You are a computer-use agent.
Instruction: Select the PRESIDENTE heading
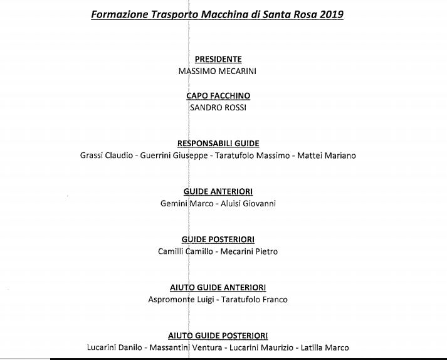coord(218,60)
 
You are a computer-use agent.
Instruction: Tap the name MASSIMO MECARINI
coord(218,71)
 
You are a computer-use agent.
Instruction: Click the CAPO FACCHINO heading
coord(218,96)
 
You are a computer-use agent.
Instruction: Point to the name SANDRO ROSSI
coord(218,107)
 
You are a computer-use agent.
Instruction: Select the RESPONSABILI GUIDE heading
coord(218,144)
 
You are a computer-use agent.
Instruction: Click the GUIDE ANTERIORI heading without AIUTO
coord(218,191)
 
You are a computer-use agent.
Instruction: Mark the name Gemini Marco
coord(187,203)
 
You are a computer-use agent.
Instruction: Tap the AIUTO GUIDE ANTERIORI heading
coord(218,287)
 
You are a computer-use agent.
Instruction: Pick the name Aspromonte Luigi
coord(181,299)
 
